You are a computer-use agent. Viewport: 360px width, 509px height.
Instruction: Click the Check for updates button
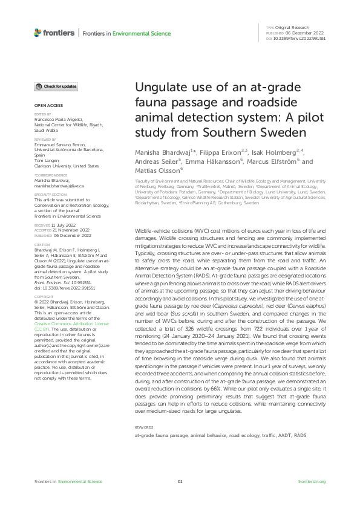coord(56,86)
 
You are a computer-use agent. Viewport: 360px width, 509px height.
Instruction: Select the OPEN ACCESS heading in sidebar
coord(45,105)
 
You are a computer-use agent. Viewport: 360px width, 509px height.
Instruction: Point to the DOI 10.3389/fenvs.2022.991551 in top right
coord(300,38)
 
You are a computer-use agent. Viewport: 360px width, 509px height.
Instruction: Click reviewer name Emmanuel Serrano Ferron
coord(60,143)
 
